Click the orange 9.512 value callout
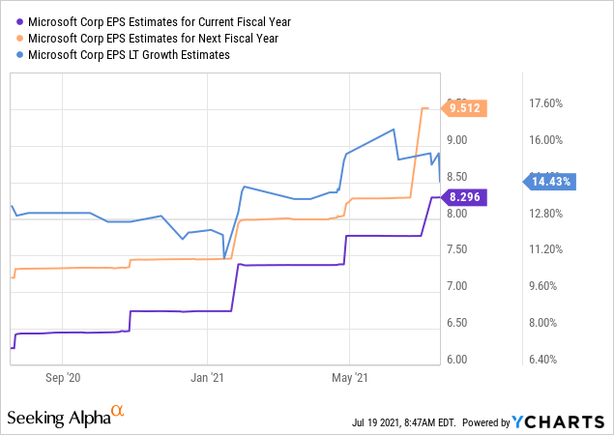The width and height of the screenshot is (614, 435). tap(469, 108)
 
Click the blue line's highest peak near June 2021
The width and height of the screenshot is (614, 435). tap(394, 130)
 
